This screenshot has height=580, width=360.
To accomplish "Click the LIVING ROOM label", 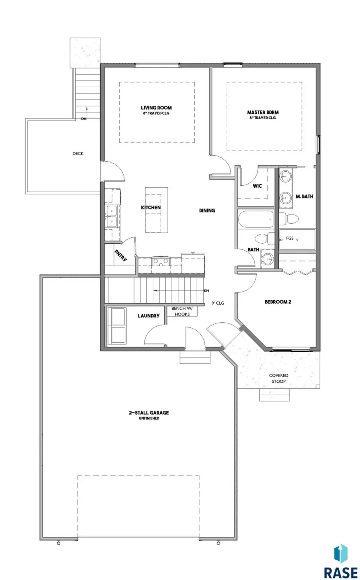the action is [156, 108].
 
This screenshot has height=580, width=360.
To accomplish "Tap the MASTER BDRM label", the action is [263, 112].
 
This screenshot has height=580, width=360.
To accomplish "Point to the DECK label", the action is [78, 154].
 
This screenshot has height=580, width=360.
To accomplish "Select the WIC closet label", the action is [257, 186].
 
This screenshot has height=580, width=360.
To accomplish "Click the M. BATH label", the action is [305, 197].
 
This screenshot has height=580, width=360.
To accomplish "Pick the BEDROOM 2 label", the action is [278, 302].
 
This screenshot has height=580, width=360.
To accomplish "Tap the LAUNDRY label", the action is [148, 316].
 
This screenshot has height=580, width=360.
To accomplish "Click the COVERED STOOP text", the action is [278, 378].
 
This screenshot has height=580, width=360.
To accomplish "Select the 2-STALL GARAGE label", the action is [149, 413].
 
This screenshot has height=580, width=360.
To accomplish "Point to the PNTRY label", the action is [121, 255].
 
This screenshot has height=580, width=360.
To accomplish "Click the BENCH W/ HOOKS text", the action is [182, 311].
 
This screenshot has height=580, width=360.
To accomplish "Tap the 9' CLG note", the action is [218, 303].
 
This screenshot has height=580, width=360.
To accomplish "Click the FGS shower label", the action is [290, 238].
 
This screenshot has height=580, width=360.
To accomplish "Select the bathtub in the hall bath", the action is [256, 219].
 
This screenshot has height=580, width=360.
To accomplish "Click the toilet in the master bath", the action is [289, 219].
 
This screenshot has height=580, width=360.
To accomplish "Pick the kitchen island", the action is [156, 210].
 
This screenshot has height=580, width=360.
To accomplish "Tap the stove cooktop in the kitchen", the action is [161, 261].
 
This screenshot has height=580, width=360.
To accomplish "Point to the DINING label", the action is [207, 211].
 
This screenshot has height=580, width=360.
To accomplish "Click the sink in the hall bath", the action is [268, 259].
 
